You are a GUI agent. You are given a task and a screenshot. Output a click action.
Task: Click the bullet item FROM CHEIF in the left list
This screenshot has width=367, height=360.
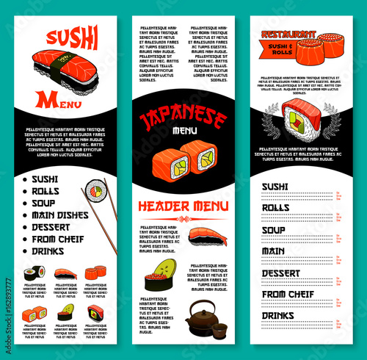click(x=59, y=238)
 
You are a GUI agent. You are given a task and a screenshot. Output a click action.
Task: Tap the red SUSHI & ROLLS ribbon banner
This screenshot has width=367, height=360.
click(x=286, y=48)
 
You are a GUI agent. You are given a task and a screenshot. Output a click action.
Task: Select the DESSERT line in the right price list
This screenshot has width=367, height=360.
click(x=281, y=273)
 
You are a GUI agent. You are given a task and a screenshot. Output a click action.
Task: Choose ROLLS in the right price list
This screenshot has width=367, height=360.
click(x=276, y=208)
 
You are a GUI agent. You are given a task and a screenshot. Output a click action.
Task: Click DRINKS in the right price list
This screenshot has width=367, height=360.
click(x=278, y=316)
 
